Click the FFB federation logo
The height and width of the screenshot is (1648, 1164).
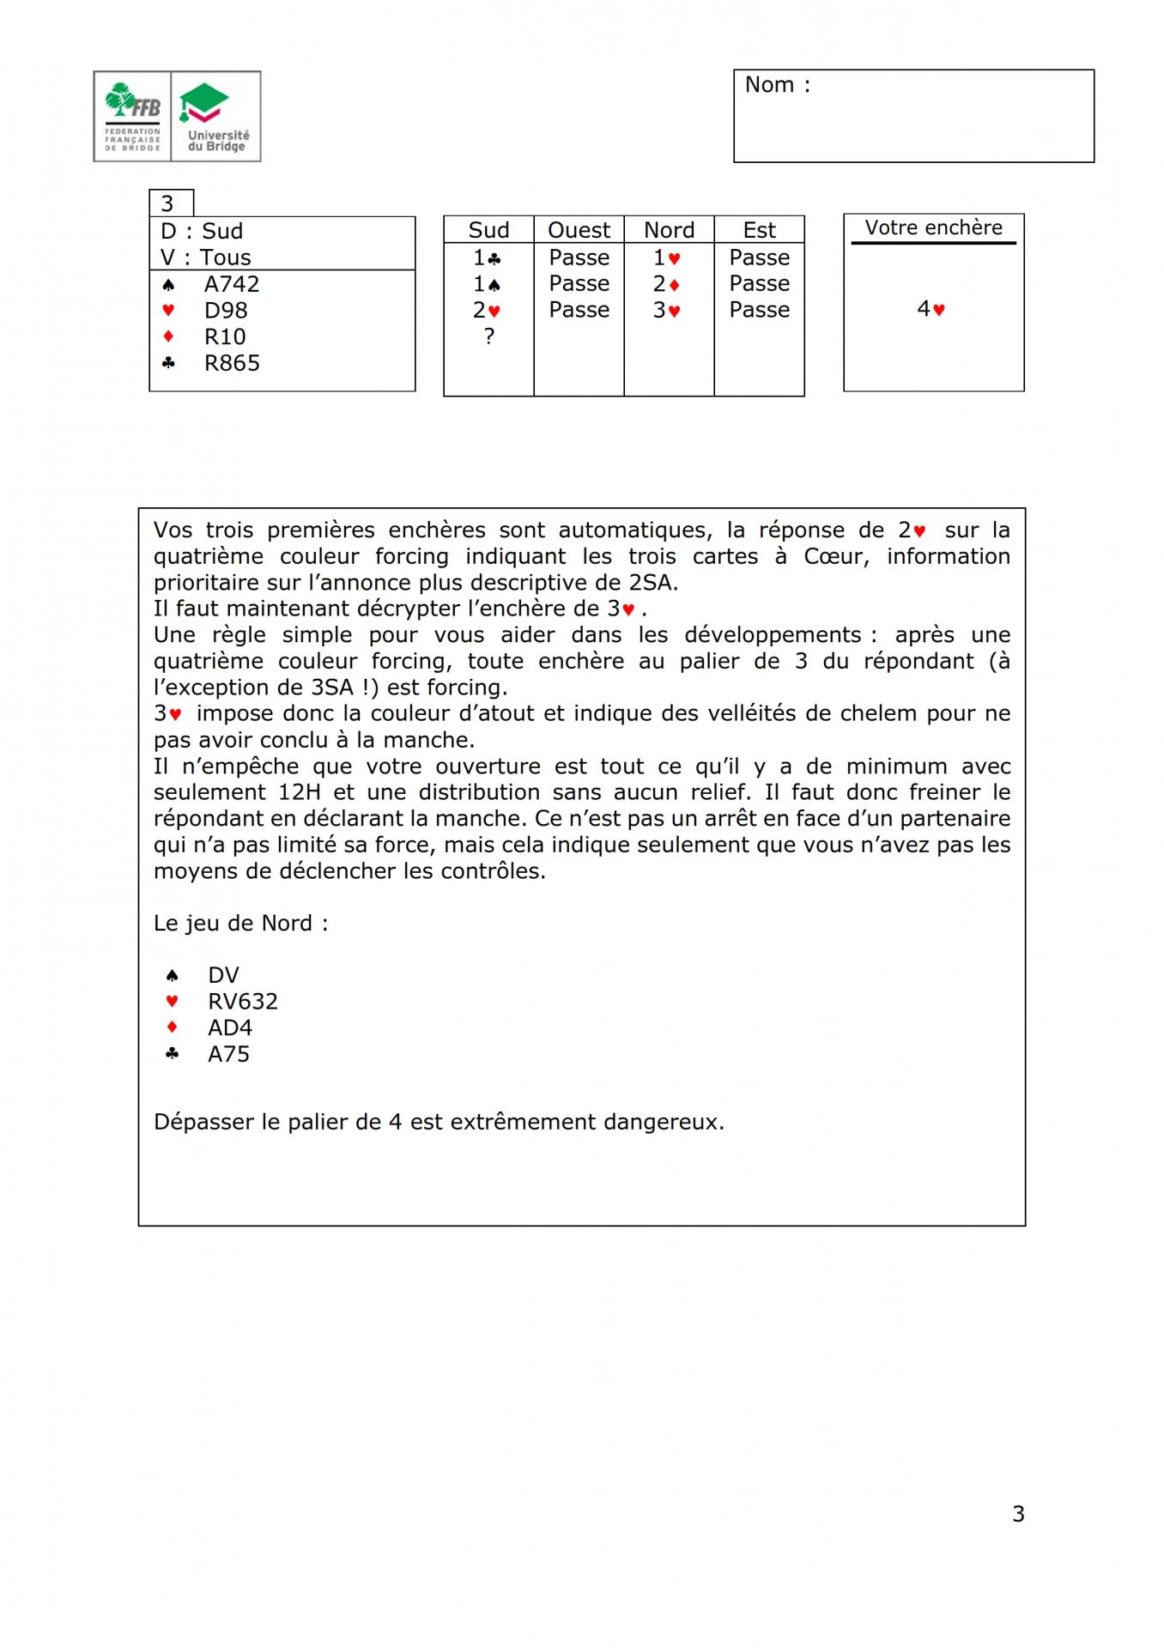click(x=132, y=117)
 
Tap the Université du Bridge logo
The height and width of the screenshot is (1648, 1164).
click(x=216, y=117)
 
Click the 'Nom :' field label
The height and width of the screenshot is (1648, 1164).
click(x=777, y=85)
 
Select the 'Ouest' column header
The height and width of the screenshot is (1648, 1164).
click(x=579, y=230)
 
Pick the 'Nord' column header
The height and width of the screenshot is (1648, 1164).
click(x=669, y=230)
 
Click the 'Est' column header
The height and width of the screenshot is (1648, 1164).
click(x=759, y=230)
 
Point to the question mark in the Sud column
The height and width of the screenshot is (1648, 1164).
click(x=489, y=336)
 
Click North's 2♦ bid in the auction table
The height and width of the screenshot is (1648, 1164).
click(x=666, y=283)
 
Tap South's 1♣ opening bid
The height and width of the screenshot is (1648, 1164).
click(x=487, y=257)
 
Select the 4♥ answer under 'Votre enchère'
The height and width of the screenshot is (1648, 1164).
click(x=931, y=309)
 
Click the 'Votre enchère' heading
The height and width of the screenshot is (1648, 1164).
click(x=933, y=227)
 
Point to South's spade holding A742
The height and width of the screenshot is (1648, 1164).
click(x=231, y=284)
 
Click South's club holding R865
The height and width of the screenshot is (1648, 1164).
click(x=231, y=363)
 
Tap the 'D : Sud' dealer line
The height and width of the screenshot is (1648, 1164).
click(x=202, y=231)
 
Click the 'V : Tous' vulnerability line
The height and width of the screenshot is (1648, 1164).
click(x=206, y=257)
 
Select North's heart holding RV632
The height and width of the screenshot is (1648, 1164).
click(x=242, y=1002)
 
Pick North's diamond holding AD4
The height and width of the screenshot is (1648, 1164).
click(x=230, y=1027)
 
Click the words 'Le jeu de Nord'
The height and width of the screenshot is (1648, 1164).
click(x=233, y=924)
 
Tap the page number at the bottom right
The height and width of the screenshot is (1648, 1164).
click(x=1018, y=1514)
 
